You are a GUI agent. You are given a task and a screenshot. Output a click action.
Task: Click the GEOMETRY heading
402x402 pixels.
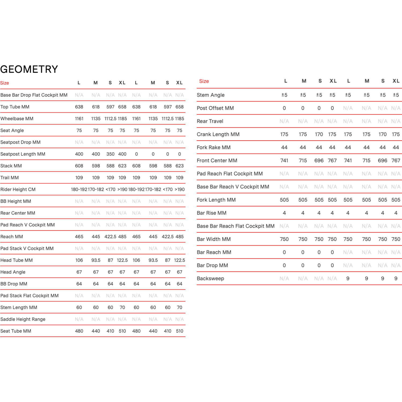pyautogui.click(x=29, y=69)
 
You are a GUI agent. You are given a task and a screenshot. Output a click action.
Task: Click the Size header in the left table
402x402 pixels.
pyautogui.click(x=5, y=83)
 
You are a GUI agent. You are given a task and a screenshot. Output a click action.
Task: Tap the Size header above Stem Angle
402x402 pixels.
pyautogui.click(x=204, y=81)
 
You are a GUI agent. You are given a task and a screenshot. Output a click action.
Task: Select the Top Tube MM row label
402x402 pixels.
pyautogui.click(x=15, y=107)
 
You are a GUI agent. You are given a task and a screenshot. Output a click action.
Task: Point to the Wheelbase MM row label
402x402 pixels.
pyautogui.click(x=17, y=119)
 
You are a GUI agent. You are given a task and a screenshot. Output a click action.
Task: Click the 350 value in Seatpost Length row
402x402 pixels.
pyautogui.click(x=110, y=154)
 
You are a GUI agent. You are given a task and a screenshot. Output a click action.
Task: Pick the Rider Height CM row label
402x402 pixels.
pyautogui.click(x=18, y=189)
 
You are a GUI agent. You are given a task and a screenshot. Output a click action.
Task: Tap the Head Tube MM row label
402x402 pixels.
pyautogui.click(x=17, y=260)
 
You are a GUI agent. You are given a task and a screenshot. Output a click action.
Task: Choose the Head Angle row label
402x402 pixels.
pyautogui.click(x=13, y=272)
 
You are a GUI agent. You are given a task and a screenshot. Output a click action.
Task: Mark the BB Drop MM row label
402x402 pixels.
pyautogui.click(x=14, y=284)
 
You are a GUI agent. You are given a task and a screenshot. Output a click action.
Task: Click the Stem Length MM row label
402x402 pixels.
pyautogui.click(x=19, y=307)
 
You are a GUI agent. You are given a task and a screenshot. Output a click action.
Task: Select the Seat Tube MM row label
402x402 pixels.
pyautogui.click(x=16, y=331)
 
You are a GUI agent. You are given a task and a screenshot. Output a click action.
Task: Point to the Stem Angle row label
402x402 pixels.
pyautogui.click(x=211, y=95)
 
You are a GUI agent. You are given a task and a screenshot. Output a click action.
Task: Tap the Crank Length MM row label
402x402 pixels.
pyautogui.click(x=218, y=134)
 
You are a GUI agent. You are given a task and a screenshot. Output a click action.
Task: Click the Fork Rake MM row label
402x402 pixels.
pyautogui.click(x=214, y=147)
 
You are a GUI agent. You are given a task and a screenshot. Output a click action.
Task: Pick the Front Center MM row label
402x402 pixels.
pyautogui.click(x=217, y=161)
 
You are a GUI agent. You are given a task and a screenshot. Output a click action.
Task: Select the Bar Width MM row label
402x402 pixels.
pyautogui.click(x=214, y=239)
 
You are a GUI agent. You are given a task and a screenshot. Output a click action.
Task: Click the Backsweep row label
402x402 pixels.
pyautogui.click(x=210, y=278)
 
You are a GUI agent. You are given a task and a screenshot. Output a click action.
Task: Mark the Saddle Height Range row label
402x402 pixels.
pyautogui.click(x=23, y=319)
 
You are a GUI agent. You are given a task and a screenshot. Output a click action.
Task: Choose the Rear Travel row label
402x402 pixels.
pyautogui.click(x=210, y=121)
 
